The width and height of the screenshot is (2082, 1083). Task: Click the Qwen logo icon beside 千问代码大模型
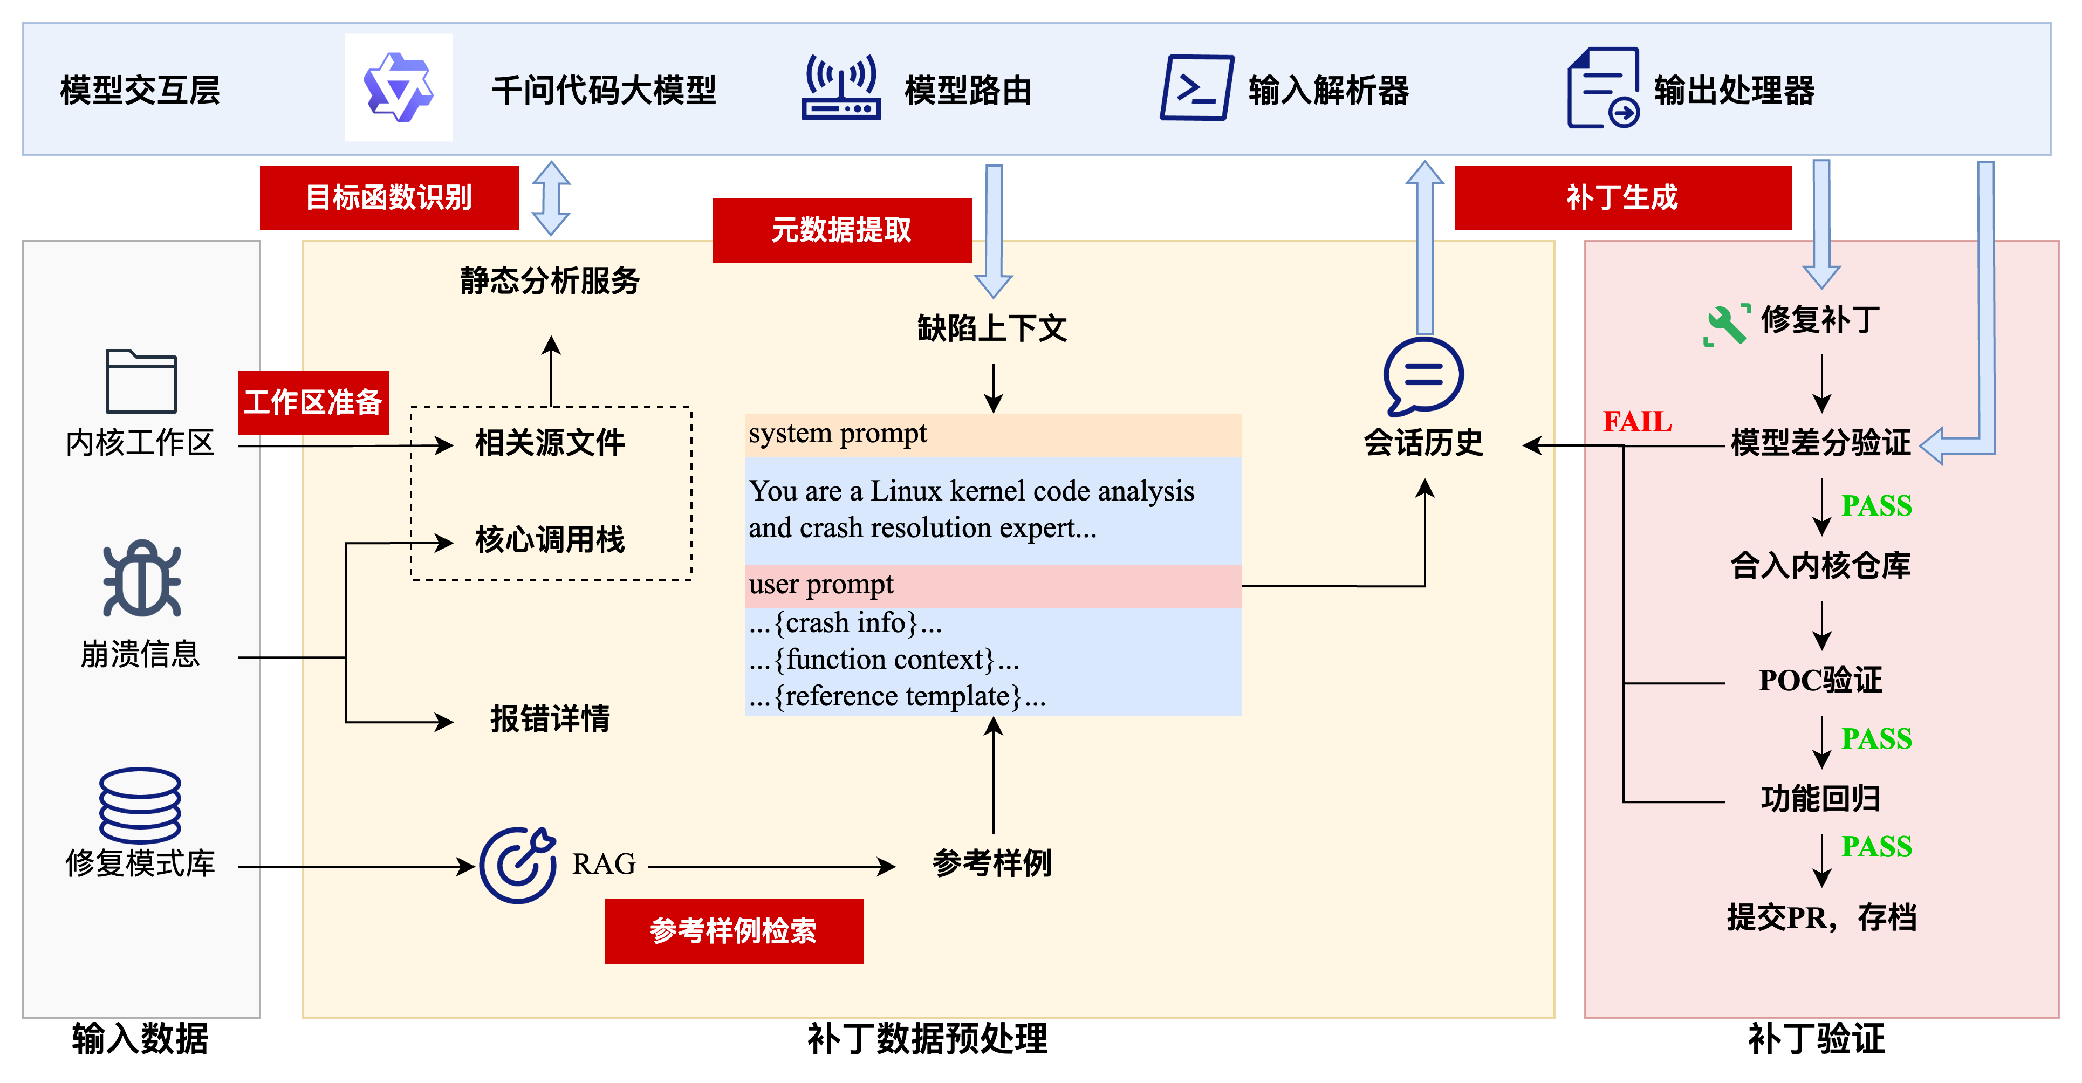coord(399,87)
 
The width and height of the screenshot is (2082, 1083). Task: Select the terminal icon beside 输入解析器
coord(1196,87)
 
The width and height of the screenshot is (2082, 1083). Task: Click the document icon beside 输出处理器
coord(1602,87)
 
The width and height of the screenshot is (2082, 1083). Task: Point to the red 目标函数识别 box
coord(389,198)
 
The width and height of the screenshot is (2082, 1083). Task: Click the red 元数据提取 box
coord(841,230)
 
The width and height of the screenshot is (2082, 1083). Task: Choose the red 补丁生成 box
coord(1622,198)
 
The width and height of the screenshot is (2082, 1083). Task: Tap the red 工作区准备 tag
coord(313,402)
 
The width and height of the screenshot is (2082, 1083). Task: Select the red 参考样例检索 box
coord(734,931)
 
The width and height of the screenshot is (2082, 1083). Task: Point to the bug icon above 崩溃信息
coord(141,579)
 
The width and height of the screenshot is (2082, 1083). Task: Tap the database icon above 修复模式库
coord(140,805)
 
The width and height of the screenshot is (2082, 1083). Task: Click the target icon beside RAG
coord(518,865)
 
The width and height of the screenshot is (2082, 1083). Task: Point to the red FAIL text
coord(1636,422)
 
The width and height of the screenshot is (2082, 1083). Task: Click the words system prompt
coord(837,434)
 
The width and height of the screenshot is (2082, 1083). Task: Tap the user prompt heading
coord(821,584)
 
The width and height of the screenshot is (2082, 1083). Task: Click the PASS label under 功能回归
coord(1876,847)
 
